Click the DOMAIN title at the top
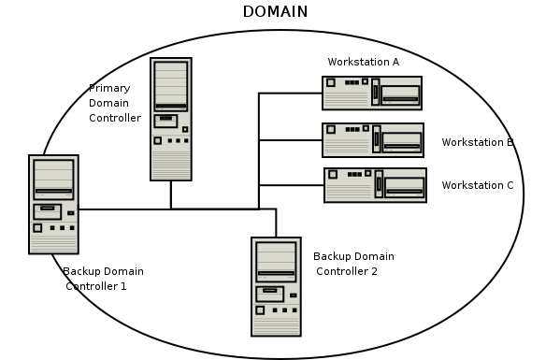click(x=275, y=11)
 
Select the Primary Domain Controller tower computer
click(x=170, y=119)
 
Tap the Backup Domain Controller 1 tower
click(x=53, y=205)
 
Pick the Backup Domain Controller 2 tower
click(x=276, y=286)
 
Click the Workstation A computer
click(x=372, y=94)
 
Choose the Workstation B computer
click(x=373, y=139)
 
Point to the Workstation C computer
click(x=375, y=184)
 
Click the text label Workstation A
click(x=363, y=62)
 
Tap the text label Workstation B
click(x=478, y=142)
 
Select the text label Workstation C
click(x=478, y=185)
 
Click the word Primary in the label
click(x=109, y=88)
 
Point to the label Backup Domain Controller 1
click(x=103, y=279)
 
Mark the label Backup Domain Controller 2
click(x=352, y=264)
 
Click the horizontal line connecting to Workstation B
click(x=290, y=140)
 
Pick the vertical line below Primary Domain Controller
click(x=170, y=194)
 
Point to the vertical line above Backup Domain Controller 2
click(x=276, y=223)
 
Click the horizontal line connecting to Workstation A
click(x=290, y=94)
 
